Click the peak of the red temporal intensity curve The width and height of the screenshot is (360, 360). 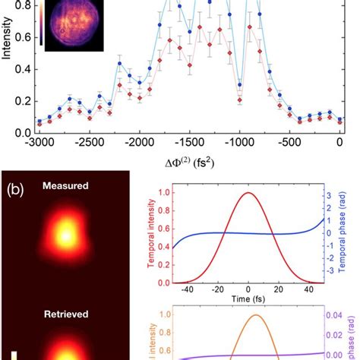point(248,193)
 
